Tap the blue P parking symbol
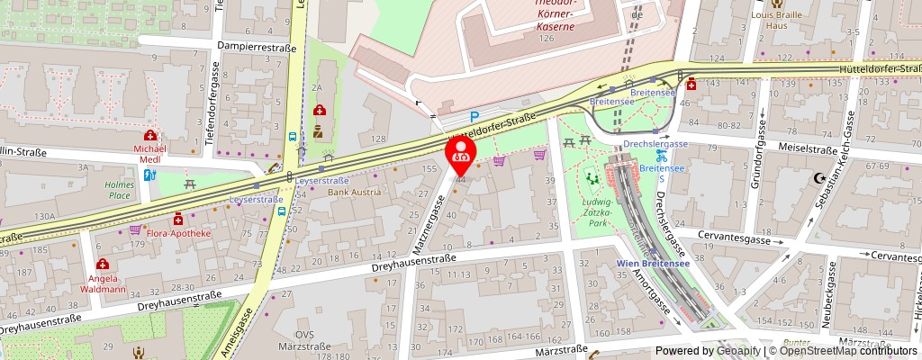point(475,116)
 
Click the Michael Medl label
point(150,153)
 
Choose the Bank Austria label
point(354,192)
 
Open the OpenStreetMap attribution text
point(845,351)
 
